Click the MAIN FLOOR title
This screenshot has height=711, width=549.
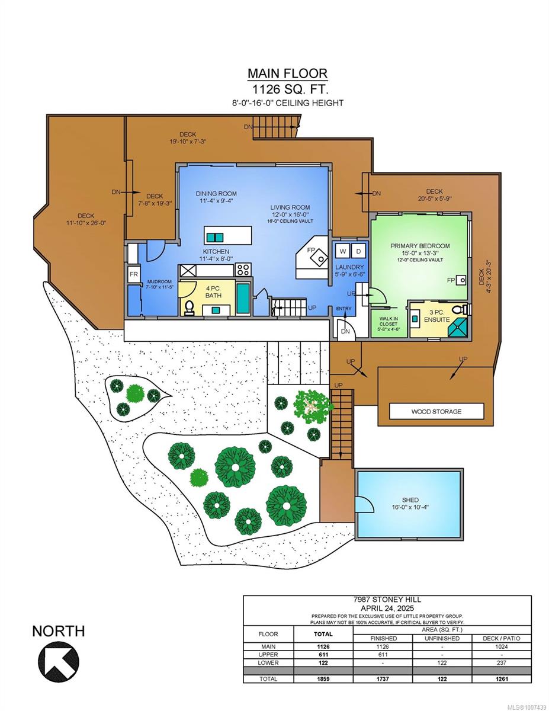pyautogui.click(x=287, y=73)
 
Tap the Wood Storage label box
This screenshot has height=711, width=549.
pyautogui.click(x=436, y=411)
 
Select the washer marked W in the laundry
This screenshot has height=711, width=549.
pyautogui.click(x=343, y=251)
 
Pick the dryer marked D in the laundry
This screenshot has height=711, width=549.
pyautogui.click(x=359, y=251)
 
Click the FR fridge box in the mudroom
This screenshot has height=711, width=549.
pyautogui.click(x=133, y=274)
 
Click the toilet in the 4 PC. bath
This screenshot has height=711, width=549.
pyautogui.click(x=190, y=308)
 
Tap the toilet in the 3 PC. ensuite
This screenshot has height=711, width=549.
pyautogui.click(x=464, y=309)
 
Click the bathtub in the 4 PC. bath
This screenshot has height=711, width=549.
pyautogui.click(x=243, y=299)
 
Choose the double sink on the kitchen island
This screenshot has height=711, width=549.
pyautogui.click(x=215, y=237)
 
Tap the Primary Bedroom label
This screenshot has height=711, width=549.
pyautogui.click(x=420, y=246)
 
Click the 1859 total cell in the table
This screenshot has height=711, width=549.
pyautogui.click(x=323, y=678)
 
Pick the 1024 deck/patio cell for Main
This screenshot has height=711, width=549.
pyautogui.click(x=501, y=646)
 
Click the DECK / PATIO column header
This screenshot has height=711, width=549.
pyautogui.click(x=501, y=638)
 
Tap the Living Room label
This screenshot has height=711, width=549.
pyautogui.click(x=290, y=207)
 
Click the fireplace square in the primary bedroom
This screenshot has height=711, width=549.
pyautogui.click(x=462, y=280)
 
